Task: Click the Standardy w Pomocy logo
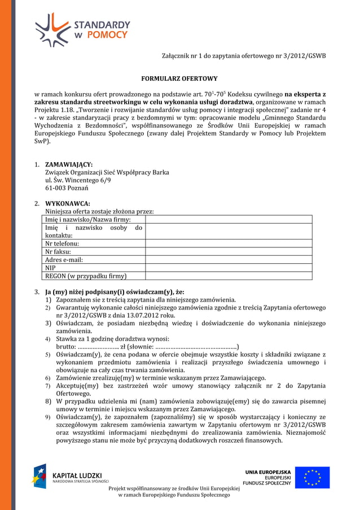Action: pos(82,29)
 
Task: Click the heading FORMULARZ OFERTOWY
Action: pos(179,79)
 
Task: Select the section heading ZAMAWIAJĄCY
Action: pos(69,164)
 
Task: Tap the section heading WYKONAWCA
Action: pos(67,203)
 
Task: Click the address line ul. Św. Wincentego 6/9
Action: pos(78,180)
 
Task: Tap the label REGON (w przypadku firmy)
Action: pos(86,276)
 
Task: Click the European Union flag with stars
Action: pos(312,477)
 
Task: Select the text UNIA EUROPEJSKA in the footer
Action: pos(267,472)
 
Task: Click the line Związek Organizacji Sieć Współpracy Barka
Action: pos(107,172)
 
